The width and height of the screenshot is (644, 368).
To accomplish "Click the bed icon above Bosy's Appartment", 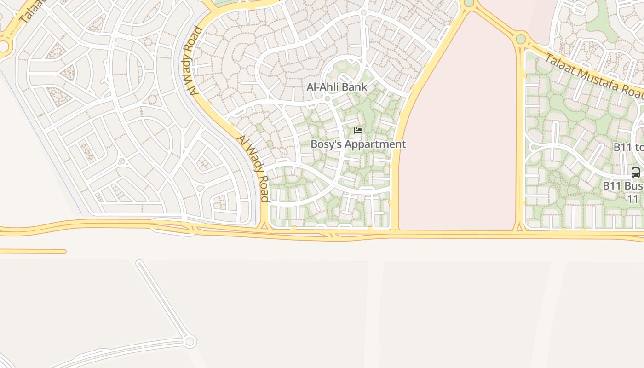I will coord(358,131).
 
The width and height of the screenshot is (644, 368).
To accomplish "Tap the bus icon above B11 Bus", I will coord(635,172).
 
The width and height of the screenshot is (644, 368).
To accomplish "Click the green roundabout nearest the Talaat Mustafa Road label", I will coord(521,39).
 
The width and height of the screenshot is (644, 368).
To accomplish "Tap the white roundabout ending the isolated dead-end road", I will coord(190,341).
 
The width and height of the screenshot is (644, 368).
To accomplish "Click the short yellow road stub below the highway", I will coord(32,251).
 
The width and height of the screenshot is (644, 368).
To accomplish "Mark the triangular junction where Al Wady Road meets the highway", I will coord(264,225).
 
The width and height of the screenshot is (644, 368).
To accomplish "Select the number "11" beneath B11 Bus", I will coord(633,199).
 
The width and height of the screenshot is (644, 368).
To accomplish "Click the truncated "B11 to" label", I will coord(629,147).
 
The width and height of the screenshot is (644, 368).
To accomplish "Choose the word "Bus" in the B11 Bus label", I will coord(634,186).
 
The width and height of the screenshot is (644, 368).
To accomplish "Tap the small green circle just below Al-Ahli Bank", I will coord(328,98).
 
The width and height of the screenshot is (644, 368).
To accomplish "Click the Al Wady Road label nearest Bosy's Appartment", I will coord(253,168).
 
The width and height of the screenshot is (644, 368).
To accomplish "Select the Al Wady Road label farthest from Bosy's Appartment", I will coord(195,61).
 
